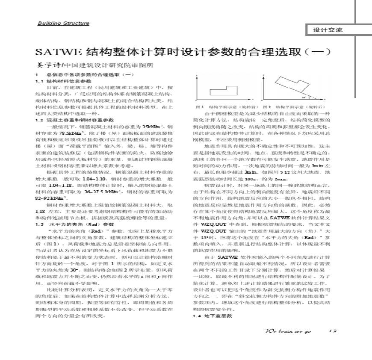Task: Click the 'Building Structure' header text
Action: (63, 23)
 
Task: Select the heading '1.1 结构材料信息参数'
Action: (63, 81)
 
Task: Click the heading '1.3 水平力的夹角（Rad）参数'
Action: (75, 224)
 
